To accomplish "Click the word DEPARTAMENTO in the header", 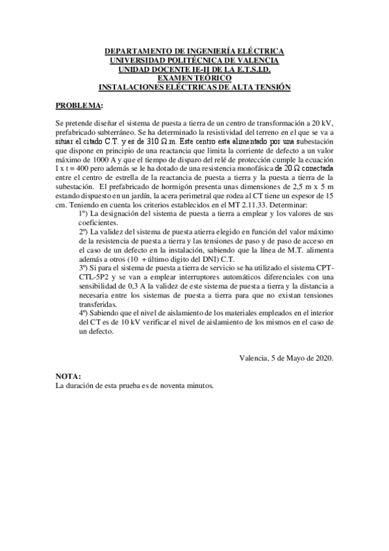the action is coord(136,51).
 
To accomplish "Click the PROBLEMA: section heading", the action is coord(79,105).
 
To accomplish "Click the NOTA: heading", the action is coord(69,377).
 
